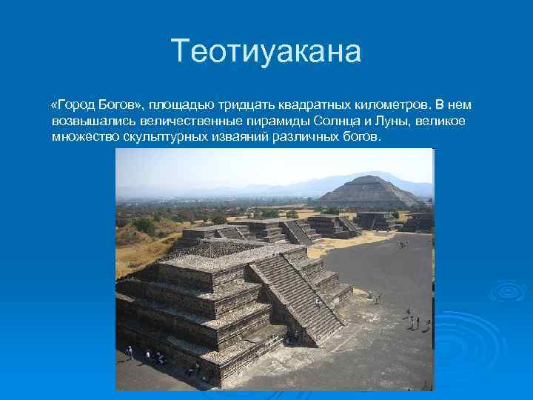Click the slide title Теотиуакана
pyautogui.click(x=266, y=52)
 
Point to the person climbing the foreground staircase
pyautogui.click(x=318, y=302)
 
